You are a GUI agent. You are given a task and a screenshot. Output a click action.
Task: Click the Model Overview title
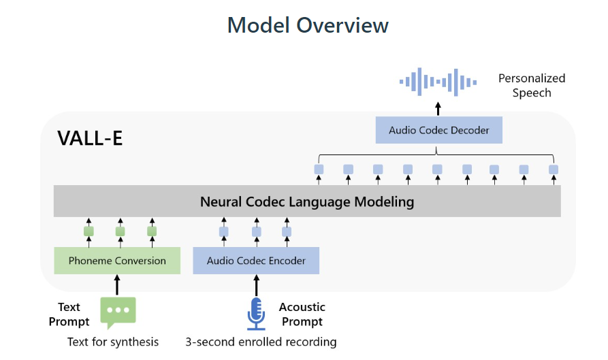coord(308,25)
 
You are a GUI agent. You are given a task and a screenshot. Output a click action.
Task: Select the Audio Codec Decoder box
coord(439,130)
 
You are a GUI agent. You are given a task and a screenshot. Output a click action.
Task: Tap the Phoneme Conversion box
coord(117,261)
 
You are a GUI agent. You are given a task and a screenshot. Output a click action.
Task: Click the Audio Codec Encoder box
coord(256,261)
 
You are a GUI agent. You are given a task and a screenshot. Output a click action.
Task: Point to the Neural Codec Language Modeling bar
coord(307,201)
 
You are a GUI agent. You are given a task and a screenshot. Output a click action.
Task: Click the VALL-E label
coord(90,138)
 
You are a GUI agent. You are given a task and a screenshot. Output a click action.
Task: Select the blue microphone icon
coord(255,314)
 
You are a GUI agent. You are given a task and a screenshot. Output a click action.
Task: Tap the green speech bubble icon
coord(118,311)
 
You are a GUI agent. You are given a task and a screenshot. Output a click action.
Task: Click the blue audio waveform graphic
coord(438,82)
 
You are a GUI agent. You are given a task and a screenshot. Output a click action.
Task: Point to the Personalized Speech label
coord(532,86)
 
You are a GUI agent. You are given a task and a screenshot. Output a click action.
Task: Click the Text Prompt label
coord(69,314)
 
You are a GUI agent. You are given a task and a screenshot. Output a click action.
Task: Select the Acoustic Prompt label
coord(302,314)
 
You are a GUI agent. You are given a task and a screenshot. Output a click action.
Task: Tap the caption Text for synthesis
coord(113,342)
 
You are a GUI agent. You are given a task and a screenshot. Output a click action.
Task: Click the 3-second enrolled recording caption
coord(261,342)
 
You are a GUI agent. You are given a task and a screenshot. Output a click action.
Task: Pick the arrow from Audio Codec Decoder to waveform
coord(438,108)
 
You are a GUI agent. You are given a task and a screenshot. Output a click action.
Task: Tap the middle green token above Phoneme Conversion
coord(121,231)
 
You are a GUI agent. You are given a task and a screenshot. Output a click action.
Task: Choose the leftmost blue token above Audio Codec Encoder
coord(224,231)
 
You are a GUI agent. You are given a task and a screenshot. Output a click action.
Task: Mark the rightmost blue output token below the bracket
coord(554,169)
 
